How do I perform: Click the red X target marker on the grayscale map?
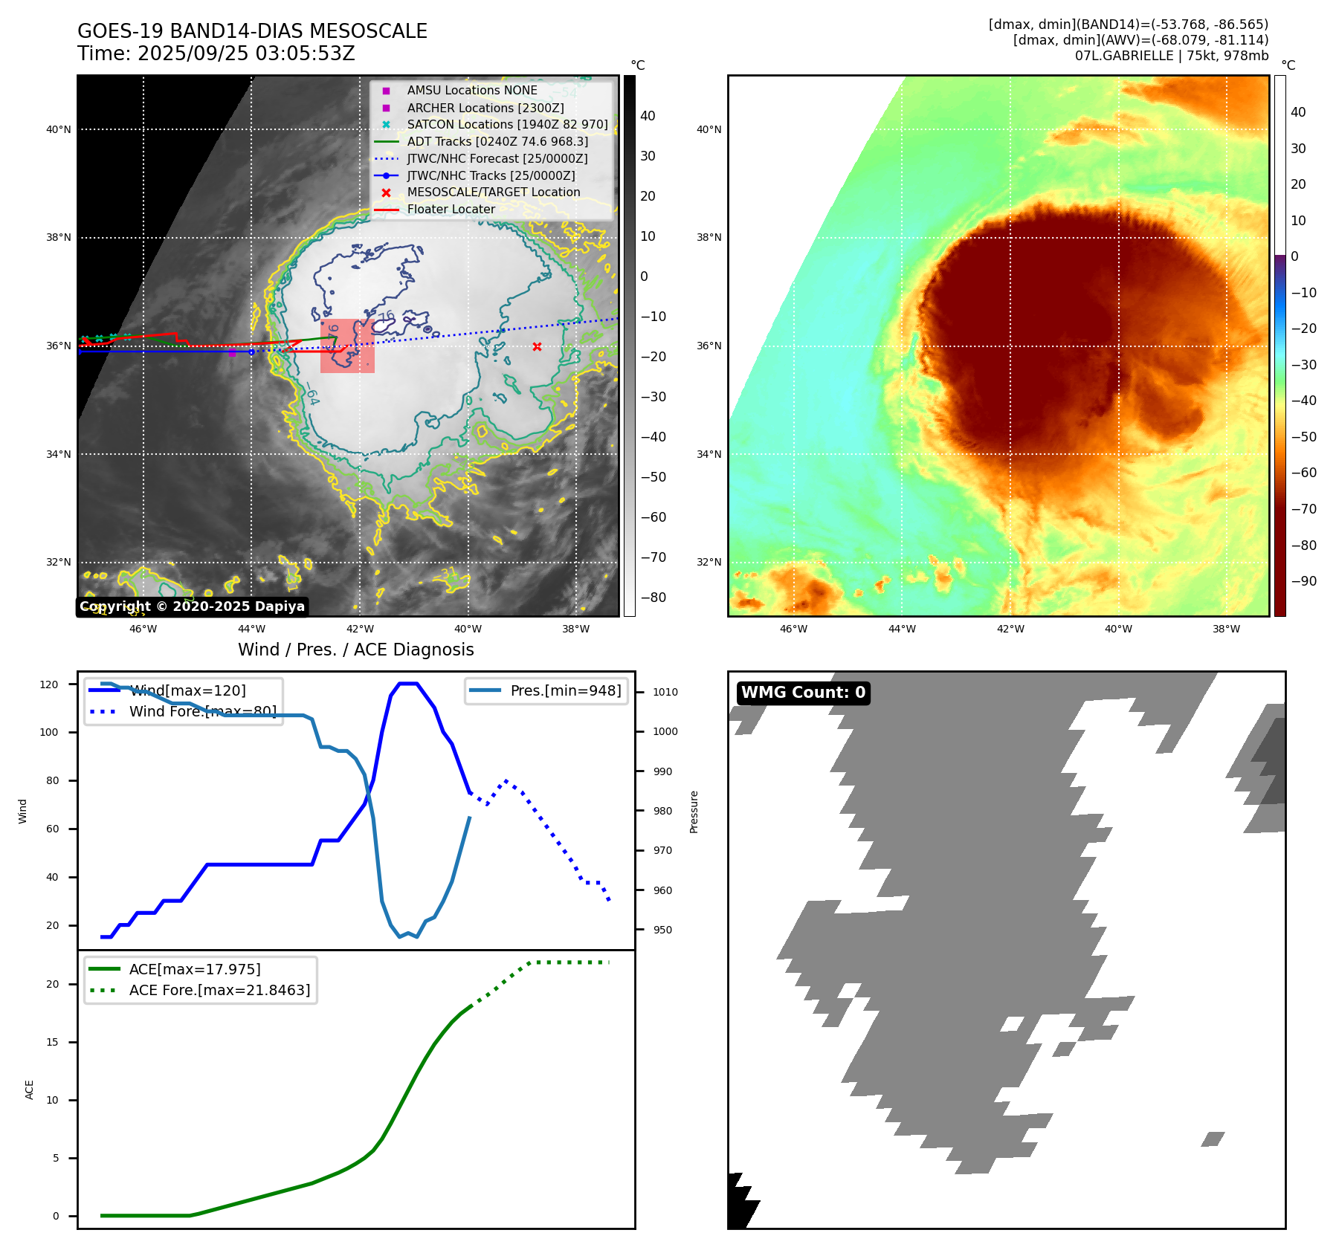(x=537, y=347)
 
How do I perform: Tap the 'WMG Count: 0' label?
(x=803, y=693)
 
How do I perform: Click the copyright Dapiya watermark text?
(x=192, y=606)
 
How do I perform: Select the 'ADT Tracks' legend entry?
(x=497, y=141)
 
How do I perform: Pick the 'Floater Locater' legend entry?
(x=451, y=210)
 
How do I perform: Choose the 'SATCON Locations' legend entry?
(x=507, y=124)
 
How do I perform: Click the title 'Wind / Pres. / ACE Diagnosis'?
(x=355, y=650)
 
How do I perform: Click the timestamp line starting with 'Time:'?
(x=216, y=54)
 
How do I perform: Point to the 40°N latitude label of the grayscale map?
(x=59, y=129)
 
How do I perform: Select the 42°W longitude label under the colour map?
(x=1010, y=629)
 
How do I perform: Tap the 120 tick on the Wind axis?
(x=49, y=684)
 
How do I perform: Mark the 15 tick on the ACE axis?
(x=52, y=1042)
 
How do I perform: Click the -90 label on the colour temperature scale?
(x=1303, y=581)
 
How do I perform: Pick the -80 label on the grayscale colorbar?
(x=653, y=598)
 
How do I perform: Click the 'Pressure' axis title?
(x=694, y=812)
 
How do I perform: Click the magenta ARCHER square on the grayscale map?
(x=232, y=353)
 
